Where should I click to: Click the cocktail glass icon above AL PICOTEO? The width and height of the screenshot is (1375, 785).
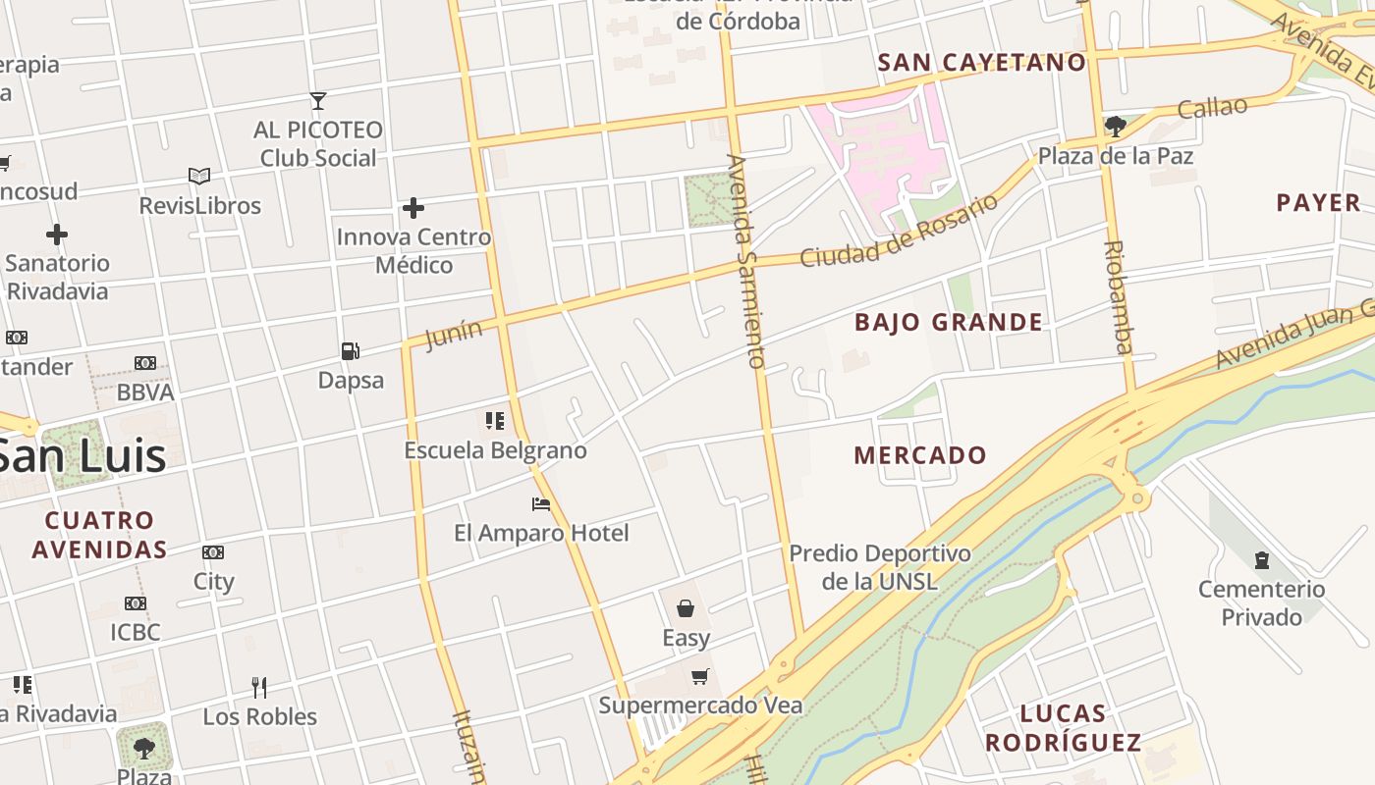[317, 100]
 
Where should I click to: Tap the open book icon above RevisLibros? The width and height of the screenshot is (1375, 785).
[199, 177]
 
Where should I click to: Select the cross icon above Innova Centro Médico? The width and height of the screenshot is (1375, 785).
[413, 208]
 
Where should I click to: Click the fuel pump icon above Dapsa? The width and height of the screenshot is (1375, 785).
[350, 350]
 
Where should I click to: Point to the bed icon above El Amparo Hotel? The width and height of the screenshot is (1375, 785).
[540, 504]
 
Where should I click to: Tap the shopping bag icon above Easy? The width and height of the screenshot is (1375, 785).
[686, 608]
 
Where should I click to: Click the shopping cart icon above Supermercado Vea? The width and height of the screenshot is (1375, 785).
[699, 676]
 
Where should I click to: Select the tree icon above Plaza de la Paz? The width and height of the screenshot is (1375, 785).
[1115, 126]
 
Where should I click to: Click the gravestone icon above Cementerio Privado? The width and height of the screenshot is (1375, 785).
[1262, 560]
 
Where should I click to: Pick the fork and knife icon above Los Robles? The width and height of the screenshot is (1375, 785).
[259, 687]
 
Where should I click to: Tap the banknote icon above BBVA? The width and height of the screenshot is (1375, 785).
[145, 363]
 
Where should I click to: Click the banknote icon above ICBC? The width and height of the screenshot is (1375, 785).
[136, 603]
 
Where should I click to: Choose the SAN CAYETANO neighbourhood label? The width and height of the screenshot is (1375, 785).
[981, 63]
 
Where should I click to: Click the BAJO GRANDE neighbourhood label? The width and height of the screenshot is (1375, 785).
[948, 322]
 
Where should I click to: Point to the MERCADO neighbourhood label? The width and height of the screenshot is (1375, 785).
[919, 455]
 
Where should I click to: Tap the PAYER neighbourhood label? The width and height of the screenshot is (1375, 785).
[1318, 203]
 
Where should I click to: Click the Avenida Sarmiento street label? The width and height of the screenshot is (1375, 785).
[745, 260]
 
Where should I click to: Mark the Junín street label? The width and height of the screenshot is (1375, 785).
[455, 333]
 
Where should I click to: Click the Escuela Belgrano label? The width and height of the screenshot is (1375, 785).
[496, 450]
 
